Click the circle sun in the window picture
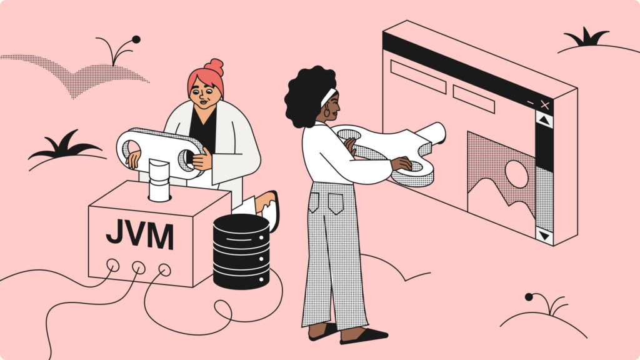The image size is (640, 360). (x=516, y=174)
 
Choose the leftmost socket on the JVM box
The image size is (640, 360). (x=112, y=264)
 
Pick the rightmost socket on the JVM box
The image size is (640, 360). (x=164, y=270)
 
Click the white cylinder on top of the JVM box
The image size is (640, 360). (x=159, y=181)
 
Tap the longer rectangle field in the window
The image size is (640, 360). (x=418, y=76)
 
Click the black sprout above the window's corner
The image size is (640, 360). (x=587, y=38)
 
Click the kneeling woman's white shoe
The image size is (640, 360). (x=270, y=212)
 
